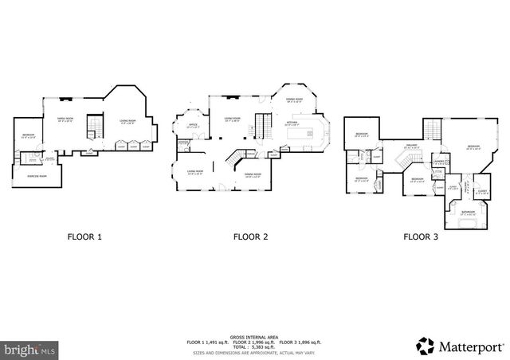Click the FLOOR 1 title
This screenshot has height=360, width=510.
pyautogui.click(x=84, y=237)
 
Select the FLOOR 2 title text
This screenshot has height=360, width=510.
pyautogui.click(x=250, y=237)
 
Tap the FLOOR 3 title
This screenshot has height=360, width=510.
pyautogui.click(x=420, y=237)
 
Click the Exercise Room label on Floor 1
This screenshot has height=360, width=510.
pyautogui.click(x=35, y=174)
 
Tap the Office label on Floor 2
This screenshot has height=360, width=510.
pyautogui.click(x=193, y=125)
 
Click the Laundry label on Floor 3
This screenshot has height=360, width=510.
pyautogui.click(x=438, y=162)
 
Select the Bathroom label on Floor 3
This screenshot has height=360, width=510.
pyautogui.click(x=467, y=212)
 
